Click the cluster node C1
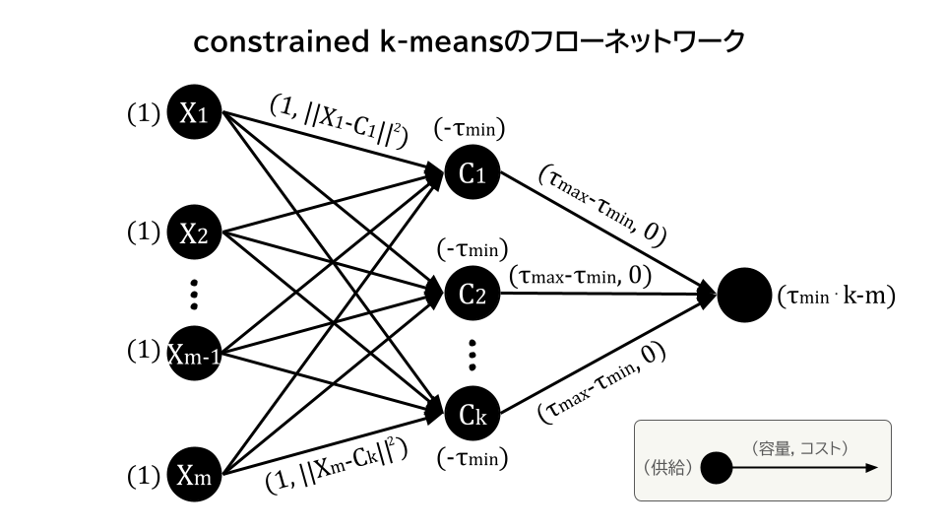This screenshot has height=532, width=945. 472,173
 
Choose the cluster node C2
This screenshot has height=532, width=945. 472,294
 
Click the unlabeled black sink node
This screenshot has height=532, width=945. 744,295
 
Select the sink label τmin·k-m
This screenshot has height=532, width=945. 835,296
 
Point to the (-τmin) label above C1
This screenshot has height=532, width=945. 470,128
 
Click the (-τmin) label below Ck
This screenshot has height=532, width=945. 470,458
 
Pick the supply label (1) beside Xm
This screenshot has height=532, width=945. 144,476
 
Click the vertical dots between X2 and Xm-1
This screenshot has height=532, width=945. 195,293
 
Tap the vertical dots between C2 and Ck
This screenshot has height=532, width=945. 472,353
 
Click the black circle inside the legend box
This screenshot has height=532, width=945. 716,468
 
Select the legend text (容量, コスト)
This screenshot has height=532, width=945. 799,448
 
